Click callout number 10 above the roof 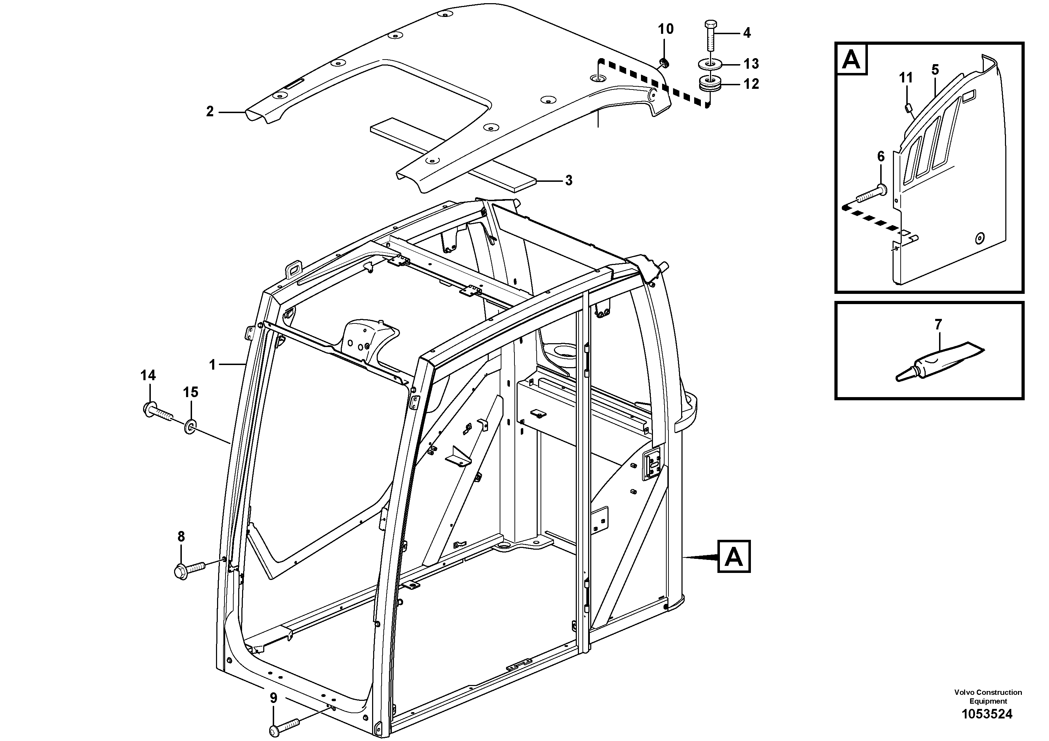tap(666, 29)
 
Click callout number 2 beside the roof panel tap(210, 111)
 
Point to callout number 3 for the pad tap(568, 180)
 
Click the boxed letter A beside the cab tap(734, 556)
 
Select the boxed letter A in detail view tap(851, 60)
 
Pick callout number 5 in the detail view tap(935, 70)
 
